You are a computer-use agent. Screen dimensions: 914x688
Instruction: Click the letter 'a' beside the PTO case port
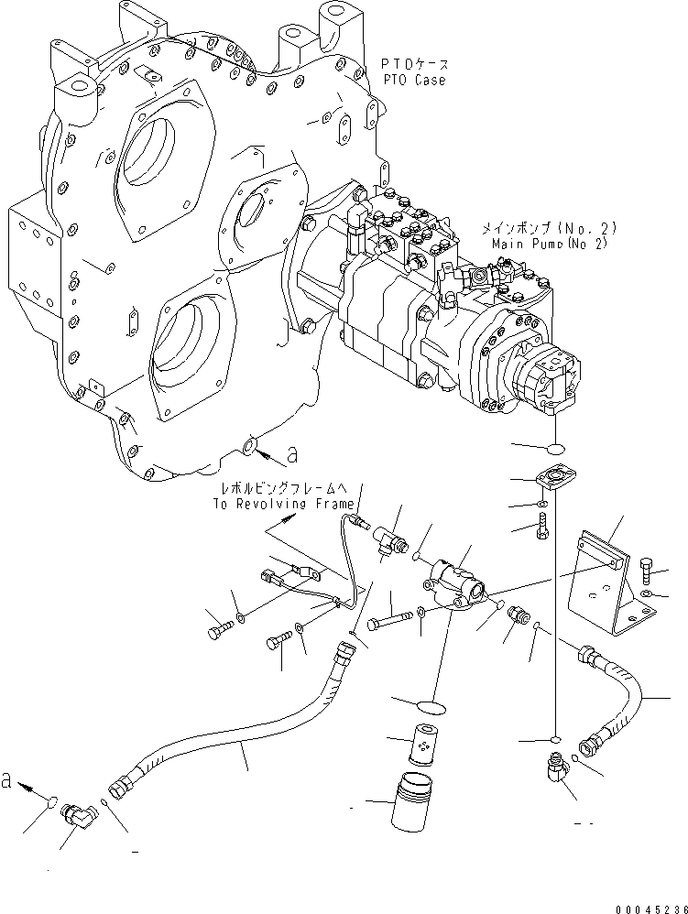point(292,452)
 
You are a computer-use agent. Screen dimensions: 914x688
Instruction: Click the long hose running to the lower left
point(238,724)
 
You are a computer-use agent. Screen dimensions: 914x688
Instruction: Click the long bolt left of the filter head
point(391,623)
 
